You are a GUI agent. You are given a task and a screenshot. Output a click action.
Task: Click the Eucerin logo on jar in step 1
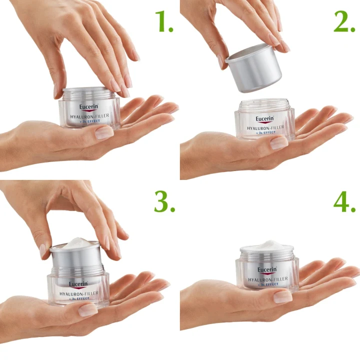tap(89, 107)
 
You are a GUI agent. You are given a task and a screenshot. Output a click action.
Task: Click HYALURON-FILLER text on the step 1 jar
tap(89, 116)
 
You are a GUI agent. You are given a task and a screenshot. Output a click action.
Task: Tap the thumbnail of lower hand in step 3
tap(88, 310)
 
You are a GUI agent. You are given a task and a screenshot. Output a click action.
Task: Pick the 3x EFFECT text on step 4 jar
tap(268, 284)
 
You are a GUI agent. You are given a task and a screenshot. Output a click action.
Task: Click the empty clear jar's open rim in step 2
tap(264, 102)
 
